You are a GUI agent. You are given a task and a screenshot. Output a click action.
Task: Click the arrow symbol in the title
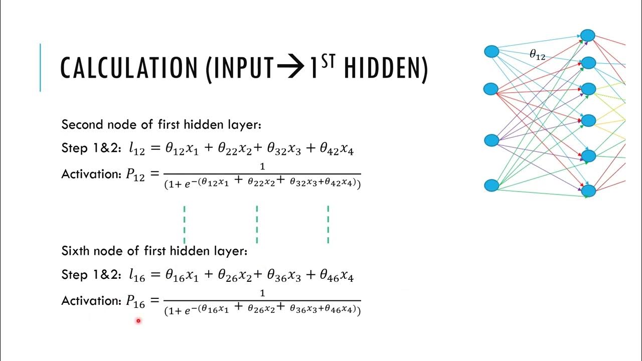click(291, 68)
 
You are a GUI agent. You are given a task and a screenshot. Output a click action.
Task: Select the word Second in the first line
click(81, 124)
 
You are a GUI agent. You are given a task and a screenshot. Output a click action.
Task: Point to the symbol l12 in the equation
click(135, 149)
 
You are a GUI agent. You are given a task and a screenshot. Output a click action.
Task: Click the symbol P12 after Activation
click(135, 175)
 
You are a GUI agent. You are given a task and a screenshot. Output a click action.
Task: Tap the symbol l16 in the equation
click(135, 275)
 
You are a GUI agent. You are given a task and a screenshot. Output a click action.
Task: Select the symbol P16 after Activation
click(135, 301)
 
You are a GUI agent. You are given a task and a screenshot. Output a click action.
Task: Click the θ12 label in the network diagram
click(537, 55)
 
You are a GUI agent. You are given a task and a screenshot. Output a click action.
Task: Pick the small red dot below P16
click(138, 321)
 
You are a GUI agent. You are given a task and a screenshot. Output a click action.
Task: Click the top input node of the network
click(492, 51)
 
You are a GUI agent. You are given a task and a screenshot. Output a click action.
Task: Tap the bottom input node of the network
click(492, 186)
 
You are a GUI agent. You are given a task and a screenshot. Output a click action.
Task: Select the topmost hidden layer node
click(588, 36)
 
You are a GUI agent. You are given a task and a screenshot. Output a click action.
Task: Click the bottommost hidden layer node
click(588, 191)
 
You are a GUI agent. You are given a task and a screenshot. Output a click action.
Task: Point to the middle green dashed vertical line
click(257, 224)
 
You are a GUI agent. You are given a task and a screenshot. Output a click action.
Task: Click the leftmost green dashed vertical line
click(185, 224)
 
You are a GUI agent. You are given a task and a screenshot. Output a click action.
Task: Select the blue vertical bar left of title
click(40, 68)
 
